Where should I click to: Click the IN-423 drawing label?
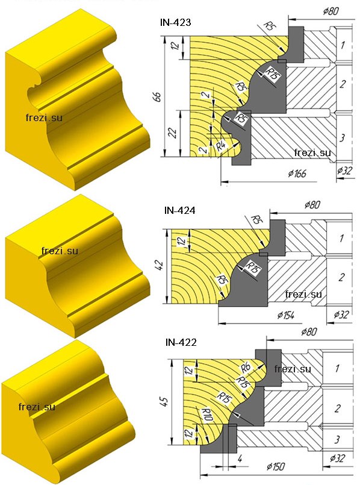pos(176,22)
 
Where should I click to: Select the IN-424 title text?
pos(180,210)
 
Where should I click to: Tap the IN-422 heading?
pos(181,342)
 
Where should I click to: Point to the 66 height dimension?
pos(157,97)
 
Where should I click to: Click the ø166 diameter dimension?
pos(297,174)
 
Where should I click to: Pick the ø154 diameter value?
pos(286,315)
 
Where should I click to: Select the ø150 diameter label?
pos(275,466)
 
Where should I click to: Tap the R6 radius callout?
pos(246,368)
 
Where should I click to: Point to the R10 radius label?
pos(206,415)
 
